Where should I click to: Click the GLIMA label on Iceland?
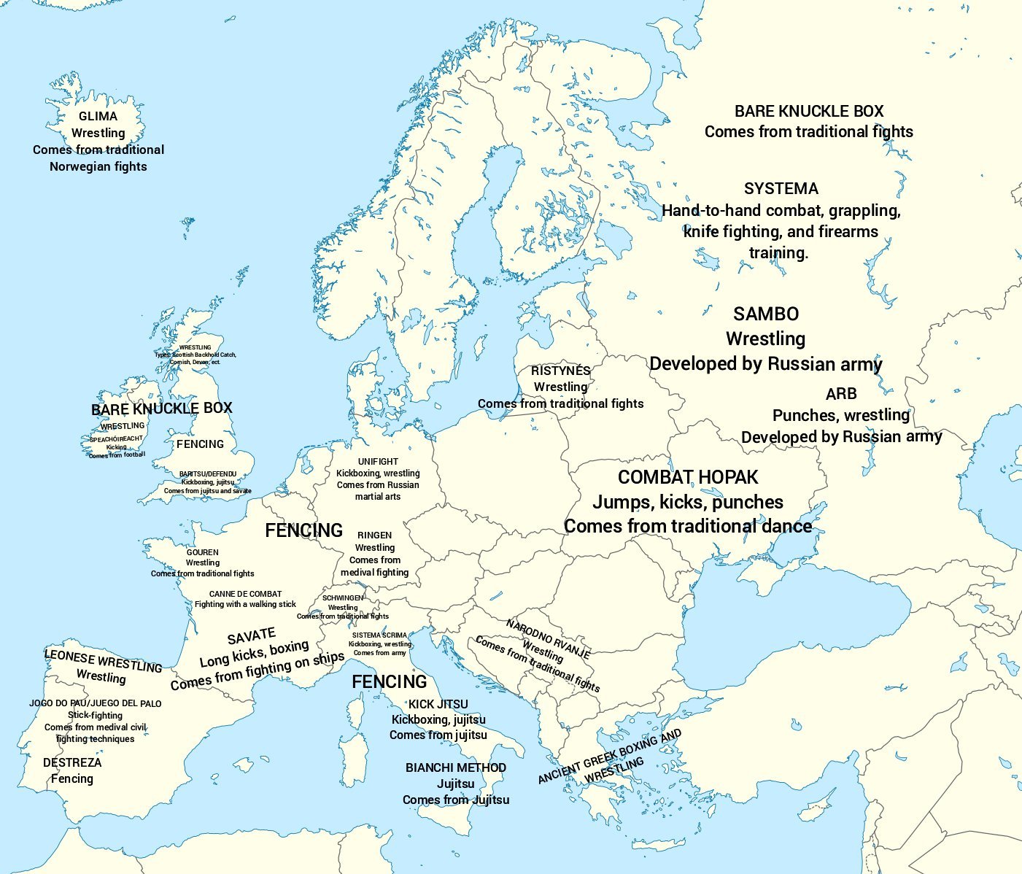[98, 116]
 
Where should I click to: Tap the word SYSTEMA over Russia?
[781, 189]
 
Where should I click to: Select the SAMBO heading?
[765, 314]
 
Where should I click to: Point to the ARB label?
[840, 394]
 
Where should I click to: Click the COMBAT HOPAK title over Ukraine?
[688, 478]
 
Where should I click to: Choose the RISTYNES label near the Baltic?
[560, 371]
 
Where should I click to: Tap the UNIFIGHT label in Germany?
[378, 462]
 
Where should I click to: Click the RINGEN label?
[375, 535]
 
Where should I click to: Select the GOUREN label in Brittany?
[202, 552]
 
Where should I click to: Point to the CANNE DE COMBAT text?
[245, 594]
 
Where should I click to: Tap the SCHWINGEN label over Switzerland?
[343, 598]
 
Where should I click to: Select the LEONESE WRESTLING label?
[103, 660]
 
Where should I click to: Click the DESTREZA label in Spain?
[72, 762]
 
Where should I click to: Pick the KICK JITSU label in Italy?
[438, 704]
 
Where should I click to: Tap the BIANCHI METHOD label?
[456, 767]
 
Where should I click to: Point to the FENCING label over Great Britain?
[200, 444]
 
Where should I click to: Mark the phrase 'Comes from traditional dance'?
[688, 527]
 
